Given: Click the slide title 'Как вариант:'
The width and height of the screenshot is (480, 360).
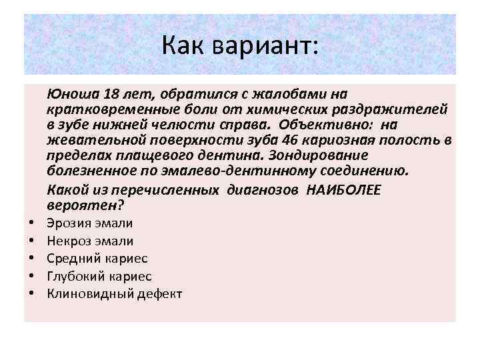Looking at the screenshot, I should pyautogui.click(x=240, y=47).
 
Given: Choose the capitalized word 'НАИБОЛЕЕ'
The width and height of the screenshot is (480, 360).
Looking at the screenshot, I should pyautogui.click(x=343, y=189).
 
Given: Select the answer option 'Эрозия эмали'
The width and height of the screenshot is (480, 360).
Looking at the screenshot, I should pyautogui.click(x=90, y=223).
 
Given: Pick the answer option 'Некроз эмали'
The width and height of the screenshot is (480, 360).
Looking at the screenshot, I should pyautogui.click(x=90, y=241).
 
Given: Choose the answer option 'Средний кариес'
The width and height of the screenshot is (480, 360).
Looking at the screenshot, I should pyautogui.click(x=97, y=258).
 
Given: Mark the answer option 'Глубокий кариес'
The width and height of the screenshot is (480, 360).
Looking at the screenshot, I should pyautogui.click(x=99, y=275).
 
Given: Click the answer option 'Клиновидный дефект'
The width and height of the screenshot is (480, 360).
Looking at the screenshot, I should pyautogui.click(x=115, y=293).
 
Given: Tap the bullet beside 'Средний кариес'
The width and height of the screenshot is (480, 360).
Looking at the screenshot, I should pyautogui.click(x=31, y=259).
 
